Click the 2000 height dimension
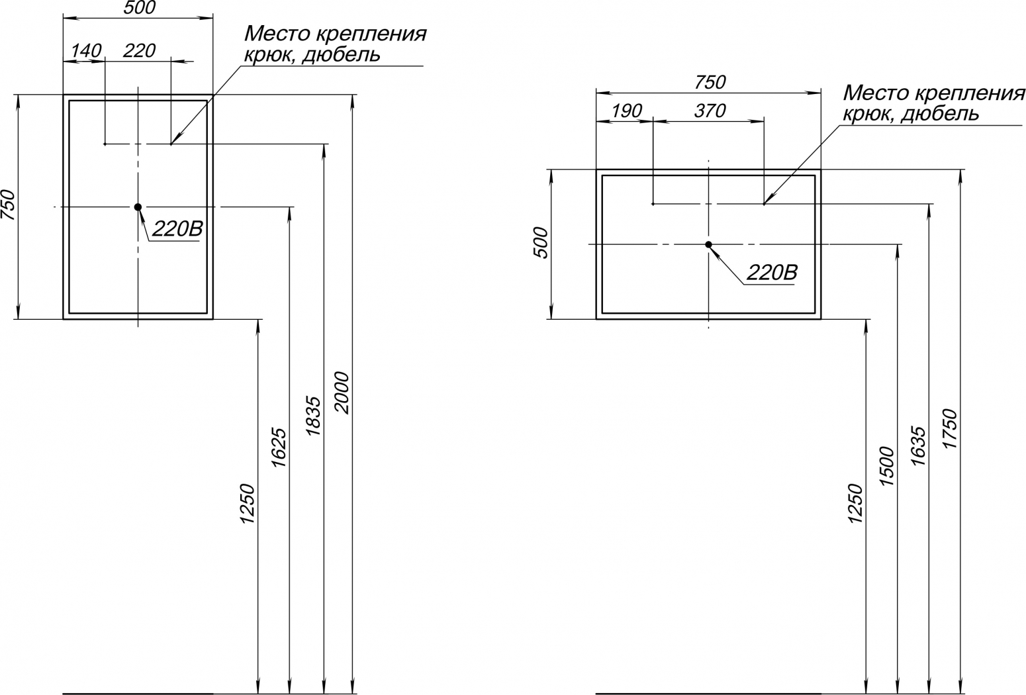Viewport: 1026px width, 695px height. pyautogui.click(x=342, y=393)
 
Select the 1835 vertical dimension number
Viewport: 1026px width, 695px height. pyautogui.click(x=314, y=415)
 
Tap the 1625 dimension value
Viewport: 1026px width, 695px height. pyautogui.click(x=279, y=447)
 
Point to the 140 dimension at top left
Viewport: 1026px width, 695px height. pyautogui.click(x=86, y=51)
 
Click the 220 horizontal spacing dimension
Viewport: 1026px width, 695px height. pyautogui.click(x=139, y=51)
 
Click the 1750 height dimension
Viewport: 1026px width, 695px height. pyautogui.click(x=951, y=428)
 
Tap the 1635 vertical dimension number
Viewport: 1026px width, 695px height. pyautogui.click(x=918, y=445)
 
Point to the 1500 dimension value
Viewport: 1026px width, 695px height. pyautogui.click(x=886, y=466)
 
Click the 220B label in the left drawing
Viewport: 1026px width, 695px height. pyautogui.click(x=177, y=229)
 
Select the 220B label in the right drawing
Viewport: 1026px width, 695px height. pyautogui.click(x=772, y=273)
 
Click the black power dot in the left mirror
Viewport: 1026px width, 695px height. pyautogui.click(x=138, y=207)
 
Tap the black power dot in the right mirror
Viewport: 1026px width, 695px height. pyautogui.click(x=708, y=245)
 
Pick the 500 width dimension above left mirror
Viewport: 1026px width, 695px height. pyautogui.click(x=140, y=8)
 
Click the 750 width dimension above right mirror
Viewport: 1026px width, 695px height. pyautogui.click(x=710, y=83)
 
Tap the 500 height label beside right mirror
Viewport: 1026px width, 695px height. pyautogui.click(x=541, y=243)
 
